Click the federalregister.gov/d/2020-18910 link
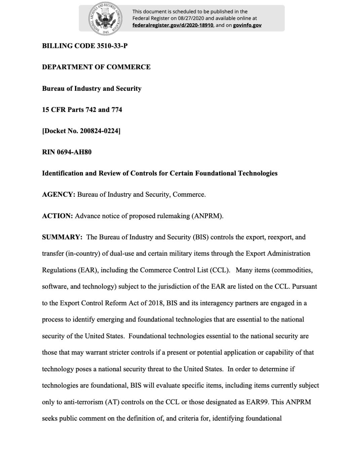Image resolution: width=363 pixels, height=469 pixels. tap(172, 25)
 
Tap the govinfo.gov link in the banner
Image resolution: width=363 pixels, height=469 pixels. tap(247, 25)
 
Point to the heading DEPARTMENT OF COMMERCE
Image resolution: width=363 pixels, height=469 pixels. tap(96, 67)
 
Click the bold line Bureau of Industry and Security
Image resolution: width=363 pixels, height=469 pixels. tap(91, 88)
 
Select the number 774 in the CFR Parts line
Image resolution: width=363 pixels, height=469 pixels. tap(117, 110)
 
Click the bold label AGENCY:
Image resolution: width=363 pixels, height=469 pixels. tap(58, 195)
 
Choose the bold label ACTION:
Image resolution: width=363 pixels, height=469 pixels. tap(57, 216)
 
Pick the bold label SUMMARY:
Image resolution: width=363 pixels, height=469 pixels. tap(62, 237)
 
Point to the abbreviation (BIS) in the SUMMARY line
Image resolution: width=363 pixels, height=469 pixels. tap(201, 237)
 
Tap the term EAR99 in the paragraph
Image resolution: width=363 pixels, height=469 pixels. tap(257, 402)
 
